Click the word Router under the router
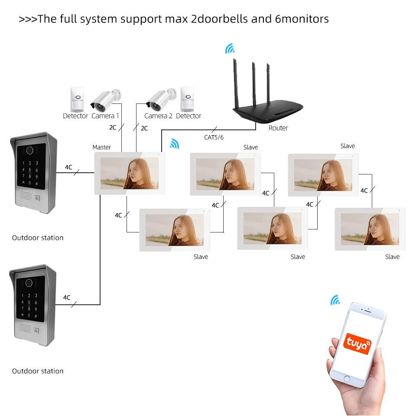pos(278,128)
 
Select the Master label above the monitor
pos(102,147)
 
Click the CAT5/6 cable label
pos(214,137)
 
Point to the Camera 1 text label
pos(105,116)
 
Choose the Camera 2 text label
pos(158,116)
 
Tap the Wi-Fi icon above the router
pos(230,49)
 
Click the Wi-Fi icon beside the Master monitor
pos(174,144)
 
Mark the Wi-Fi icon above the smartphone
pos(335,300)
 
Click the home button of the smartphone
pos(347,379)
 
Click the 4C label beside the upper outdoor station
pos(68,167)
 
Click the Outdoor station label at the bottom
pos(38,371)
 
